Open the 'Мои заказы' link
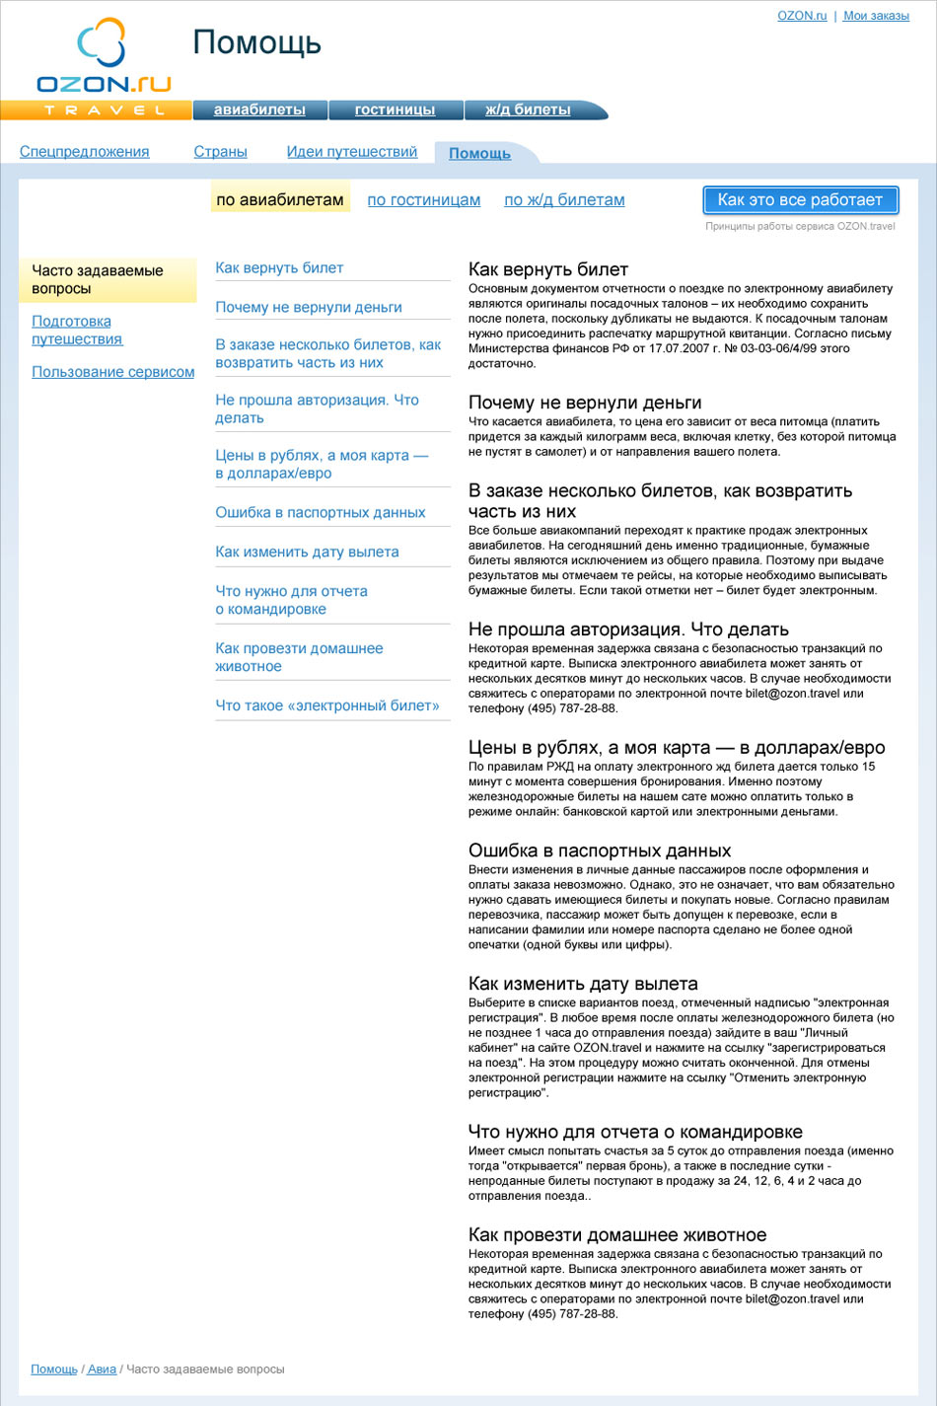876,16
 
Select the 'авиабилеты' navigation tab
259,110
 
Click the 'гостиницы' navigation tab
395,110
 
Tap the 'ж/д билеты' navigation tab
528,110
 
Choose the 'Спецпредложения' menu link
85,152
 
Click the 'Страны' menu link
220,152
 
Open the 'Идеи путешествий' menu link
352,152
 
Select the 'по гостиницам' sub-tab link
424,200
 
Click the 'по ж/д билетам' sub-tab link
564,200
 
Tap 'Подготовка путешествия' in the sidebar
76,331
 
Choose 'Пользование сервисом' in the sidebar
112,372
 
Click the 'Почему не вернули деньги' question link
309,308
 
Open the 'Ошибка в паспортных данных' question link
321,513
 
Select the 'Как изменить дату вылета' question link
307,553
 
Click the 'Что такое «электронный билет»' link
327,706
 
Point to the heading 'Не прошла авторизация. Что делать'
628,629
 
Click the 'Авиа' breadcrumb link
102,1369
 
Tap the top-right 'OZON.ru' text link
802,16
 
